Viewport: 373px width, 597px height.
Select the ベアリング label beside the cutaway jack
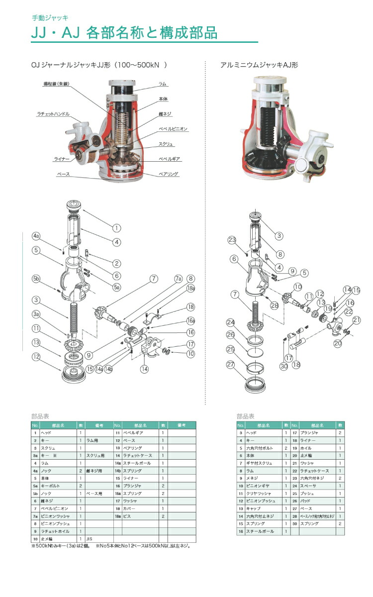(x=168, y=175)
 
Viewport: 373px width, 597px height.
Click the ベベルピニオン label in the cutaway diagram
(x=173, y=129)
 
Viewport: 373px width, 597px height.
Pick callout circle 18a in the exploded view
(x=190, y=288)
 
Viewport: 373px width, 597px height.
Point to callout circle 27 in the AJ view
(x=231, y=364)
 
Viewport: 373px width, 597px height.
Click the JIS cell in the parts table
(x=90, y=538)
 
